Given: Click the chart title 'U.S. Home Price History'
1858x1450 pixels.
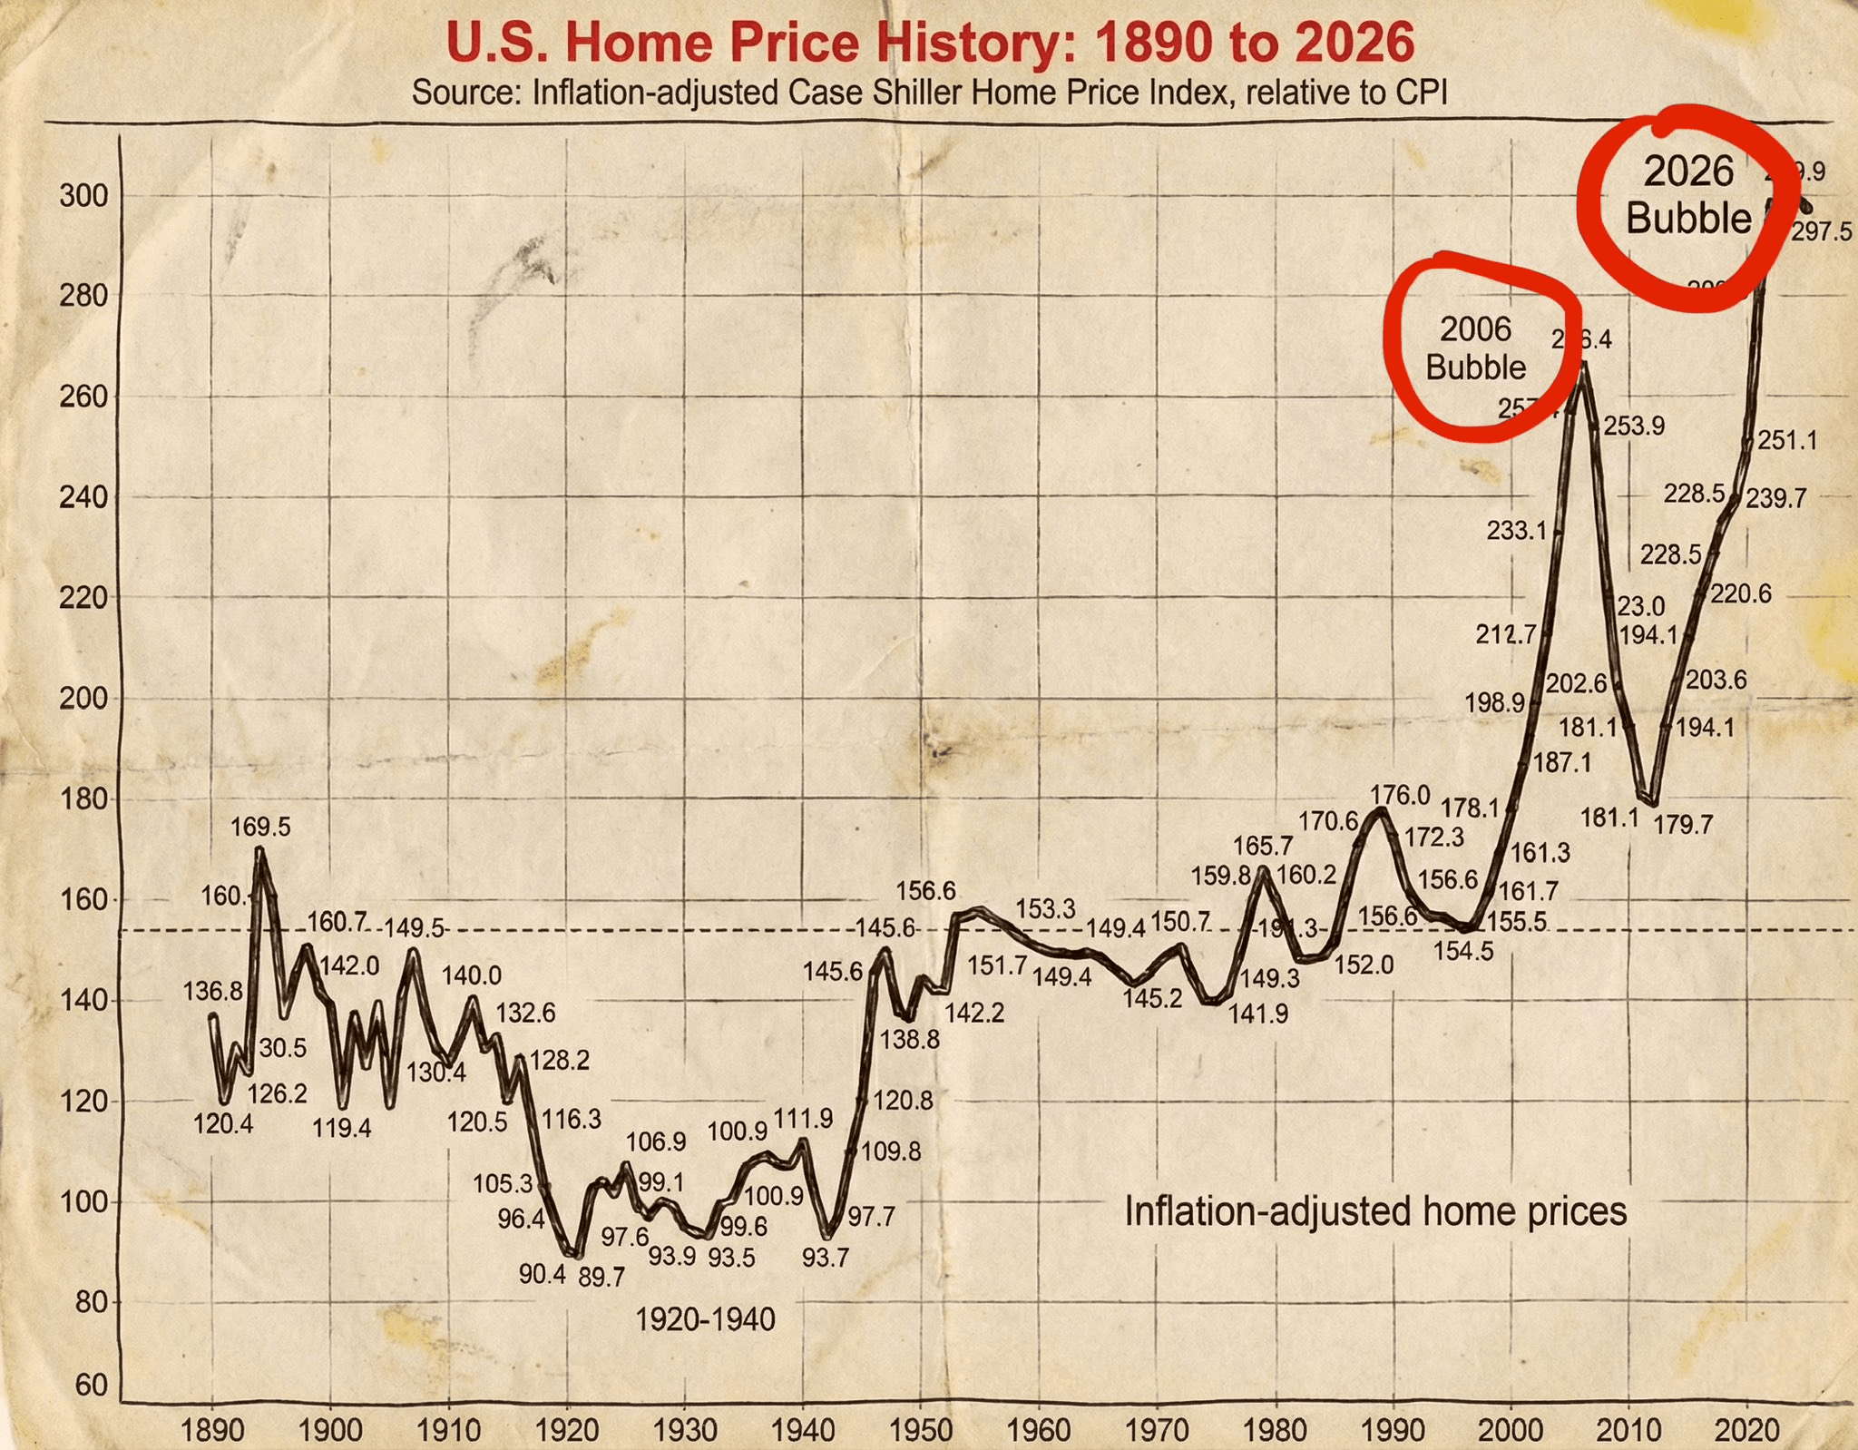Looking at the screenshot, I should click(x=929, y=44).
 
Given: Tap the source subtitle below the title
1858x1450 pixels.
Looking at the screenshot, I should click(x=929, y=92).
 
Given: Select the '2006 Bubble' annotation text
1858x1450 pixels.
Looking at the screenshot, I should click(x=1475, y=348).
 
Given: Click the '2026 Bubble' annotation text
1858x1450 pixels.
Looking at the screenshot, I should click(x=1688, y=195).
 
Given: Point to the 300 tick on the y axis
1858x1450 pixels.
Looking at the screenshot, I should click(x=83, y=195).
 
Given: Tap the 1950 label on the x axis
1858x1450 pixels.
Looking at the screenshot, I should click(x=921, y=1431).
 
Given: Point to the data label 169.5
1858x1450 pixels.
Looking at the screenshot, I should click(x=260, y=827).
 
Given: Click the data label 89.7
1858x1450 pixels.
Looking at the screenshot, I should click(x=601, y=1278).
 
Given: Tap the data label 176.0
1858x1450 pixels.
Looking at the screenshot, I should click(x=1400, y=795).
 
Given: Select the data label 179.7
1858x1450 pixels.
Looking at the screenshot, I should click(x=1684, y=825).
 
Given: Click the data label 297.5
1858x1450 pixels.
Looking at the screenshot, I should click(x=1821, y=232).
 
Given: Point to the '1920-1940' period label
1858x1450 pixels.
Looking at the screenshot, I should click(x=705, y=1319).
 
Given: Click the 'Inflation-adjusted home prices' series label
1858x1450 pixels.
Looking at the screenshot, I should click(x=1375, y=1211).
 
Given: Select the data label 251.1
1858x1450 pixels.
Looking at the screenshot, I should click(x=1787, y=441).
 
